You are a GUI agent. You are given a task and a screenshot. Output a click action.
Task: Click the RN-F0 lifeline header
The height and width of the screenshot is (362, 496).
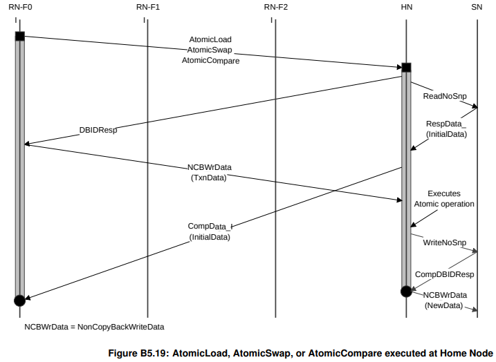pyautogui.click(x=19, y=7)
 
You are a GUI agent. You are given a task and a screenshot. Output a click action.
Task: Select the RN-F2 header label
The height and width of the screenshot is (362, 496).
pyautogui.click(x=275, y=7)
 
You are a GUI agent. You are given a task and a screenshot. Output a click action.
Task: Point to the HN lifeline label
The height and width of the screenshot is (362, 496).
pyautogui.click(x=406, y=7)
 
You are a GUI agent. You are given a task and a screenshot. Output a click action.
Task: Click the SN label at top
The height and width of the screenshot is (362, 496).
pyautogui.click(x=477, y=7)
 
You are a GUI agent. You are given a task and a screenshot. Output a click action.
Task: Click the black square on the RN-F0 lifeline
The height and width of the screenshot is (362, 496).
pyautogui.click(x=19, y=36)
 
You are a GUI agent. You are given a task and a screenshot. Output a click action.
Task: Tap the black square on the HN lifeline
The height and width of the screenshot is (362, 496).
pyautogui.click(x=406, y=67)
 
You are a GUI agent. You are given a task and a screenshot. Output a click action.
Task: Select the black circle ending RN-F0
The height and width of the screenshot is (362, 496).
pyautogui.click(x=19, y=300)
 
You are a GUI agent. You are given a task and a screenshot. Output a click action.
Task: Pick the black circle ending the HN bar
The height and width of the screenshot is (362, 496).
pyautogui.click(x=406, y=292)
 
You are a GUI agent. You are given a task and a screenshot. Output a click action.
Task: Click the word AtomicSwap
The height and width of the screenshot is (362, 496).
pyautogui.click(x=211, y=50)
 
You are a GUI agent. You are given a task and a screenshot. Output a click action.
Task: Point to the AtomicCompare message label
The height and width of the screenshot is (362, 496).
pyautogui.click(x=210, y=61)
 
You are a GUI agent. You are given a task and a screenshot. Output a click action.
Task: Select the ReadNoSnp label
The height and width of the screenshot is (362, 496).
pyautogui.click(x=444, y=96)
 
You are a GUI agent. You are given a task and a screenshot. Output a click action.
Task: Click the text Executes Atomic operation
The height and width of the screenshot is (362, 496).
pyautogui.click(x=443, y=199)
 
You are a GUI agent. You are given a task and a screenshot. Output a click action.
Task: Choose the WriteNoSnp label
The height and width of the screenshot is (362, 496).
pyautogui.click(x=444, y=242)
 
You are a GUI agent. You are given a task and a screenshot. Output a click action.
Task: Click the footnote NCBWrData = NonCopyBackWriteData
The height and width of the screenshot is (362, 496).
pyautogui.click(x=95, y=326)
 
